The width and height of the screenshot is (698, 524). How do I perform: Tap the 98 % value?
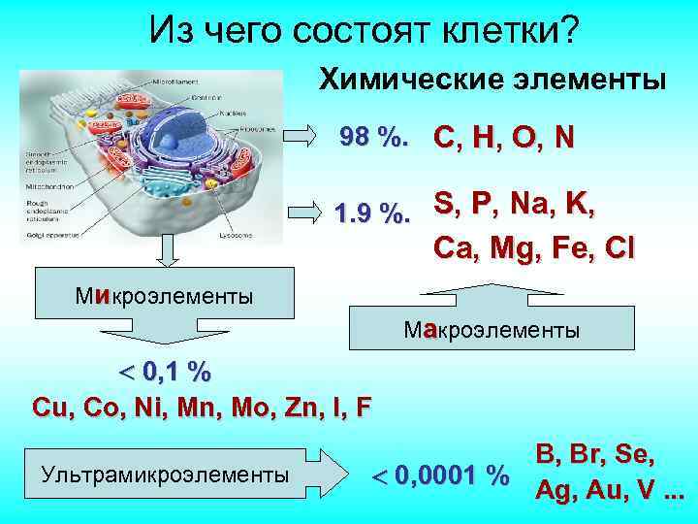click(x=373, y=138)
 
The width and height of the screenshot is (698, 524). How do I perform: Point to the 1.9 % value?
click(x=371, y=212)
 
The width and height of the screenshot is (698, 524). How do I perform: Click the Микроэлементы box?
click(x=164, y=293)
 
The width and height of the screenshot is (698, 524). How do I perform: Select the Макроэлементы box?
click(x=493, y=330)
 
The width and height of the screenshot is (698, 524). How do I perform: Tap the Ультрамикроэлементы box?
click(x=165, y=475)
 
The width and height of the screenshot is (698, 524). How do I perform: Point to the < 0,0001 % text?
click(x=441, y=475)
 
